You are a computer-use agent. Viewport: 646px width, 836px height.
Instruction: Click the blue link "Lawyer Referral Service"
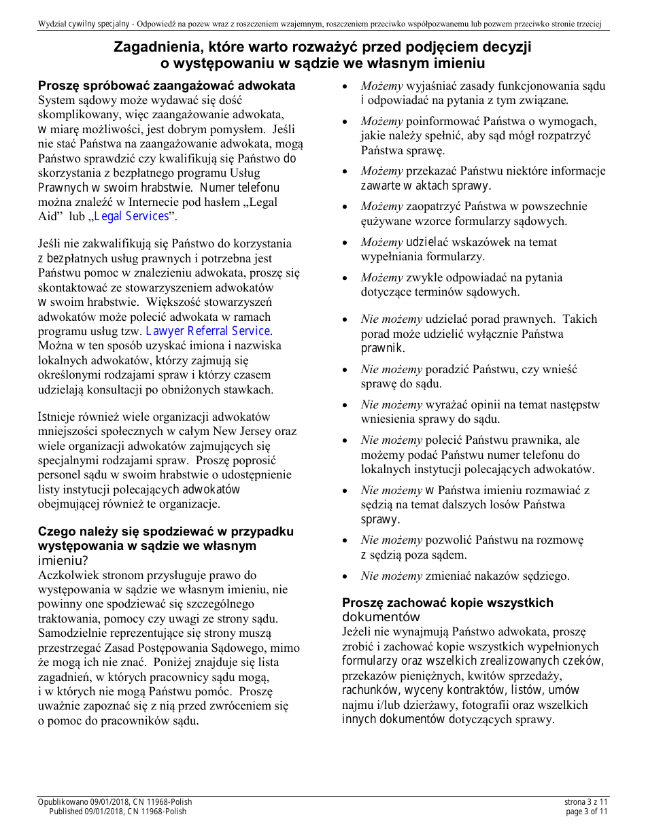point(208,331)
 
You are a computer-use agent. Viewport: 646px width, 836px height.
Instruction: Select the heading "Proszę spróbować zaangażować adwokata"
point(167,86)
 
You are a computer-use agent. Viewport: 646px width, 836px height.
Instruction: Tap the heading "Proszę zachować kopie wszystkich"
point(447,603)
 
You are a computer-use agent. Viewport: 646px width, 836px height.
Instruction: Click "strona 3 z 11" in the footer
point(586,803)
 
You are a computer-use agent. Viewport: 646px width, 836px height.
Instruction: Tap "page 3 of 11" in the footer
point(587,812)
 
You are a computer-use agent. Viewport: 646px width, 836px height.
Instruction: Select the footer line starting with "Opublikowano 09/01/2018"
point(115,803)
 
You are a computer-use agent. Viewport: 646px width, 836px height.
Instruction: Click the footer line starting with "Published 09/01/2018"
point(118,812)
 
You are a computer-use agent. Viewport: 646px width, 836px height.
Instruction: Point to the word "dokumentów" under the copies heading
point(381,617)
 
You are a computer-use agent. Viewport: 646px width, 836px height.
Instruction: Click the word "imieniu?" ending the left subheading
point(63,561)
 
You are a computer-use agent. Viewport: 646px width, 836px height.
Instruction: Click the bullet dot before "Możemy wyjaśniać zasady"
point(346,87)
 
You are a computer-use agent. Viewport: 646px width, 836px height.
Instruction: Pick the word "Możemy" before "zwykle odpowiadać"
point(382,277)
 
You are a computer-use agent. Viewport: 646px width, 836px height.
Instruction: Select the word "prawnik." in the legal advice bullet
point(383,349)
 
